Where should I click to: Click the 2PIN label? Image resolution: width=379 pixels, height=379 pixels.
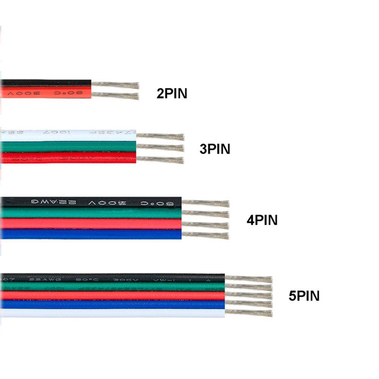(x=172, y=94)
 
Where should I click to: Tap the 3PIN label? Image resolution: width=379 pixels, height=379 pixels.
(x=215, y=149)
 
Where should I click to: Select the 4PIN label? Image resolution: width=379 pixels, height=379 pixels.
(x=262, y=220)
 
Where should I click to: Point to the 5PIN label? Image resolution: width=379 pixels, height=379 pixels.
(x=304, y=296)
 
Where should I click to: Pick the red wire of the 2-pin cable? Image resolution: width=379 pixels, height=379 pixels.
(x=45, y=92)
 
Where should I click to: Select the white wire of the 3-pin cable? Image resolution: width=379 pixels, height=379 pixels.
(x=68, y=135)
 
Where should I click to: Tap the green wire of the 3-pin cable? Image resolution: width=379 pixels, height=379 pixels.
(x=68, y=147)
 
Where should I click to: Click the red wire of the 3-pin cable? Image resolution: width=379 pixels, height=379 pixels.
(x=68, y=158)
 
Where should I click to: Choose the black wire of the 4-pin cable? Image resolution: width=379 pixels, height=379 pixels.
(x=91, y=203)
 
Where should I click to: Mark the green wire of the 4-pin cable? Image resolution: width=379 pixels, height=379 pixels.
(x=91, y=213)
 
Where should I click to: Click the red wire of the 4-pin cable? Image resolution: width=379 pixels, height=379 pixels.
(x=91, y=224)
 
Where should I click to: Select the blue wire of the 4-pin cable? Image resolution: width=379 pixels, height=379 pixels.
(x=91, y=234)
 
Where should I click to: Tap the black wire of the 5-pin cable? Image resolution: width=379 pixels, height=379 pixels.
(x=114, y=278)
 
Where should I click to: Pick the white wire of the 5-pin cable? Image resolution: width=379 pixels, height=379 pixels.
(x=114, y=313)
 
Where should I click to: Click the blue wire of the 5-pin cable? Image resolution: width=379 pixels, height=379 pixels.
(x=114, y=304)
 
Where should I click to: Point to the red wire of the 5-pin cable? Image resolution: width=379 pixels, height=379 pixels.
(x=114, y=296)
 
